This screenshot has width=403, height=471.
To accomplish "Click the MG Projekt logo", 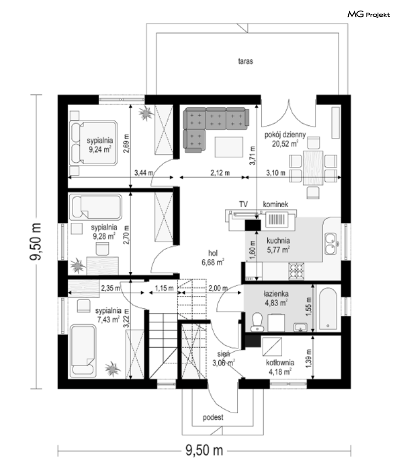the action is (x=369, y=15).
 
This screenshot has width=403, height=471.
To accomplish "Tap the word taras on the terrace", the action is (x=245, y=61).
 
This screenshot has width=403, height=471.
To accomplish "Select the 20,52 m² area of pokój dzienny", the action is (x=285, y=144).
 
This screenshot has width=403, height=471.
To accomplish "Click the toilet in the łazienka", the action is (x=257, y=322).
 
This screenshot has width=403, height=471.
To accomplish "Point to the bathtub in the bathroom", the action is (x=328, y=310).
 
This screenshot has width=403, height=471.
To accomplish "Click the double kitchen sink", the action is (x=331, y=244).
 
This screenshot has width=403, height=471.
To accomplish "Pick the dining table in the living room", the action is (x=313, y=168).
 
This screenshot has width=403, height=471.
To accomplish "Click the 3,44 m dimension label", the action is (x=144, y=173).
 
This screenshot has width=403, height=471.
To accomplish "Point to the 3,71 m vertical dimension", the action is (x=252, y=155).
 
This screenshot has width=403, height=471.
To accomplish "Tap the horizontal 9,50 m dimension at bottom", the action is (x=204, y=451).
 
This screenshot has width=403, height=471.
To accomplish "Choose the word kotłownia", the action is (x=280, y=363).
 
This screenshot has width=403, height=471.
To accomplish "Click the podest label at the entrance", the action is (x=213, y=417).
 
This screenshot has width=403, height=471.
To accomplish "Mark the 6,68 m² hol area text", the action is (x=213, y=262).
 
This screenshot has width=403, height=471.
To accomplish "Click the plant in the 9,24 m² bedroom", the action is (x=146, y=113).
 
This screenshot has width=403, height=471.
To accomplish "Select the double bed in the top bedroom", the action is (x=93, y=143).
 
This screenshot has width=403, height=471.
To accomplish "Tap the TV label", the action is (x=243, y=204).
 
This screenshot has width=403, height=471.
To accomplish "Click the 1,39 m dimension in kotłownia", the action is (x=309, y=357).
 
